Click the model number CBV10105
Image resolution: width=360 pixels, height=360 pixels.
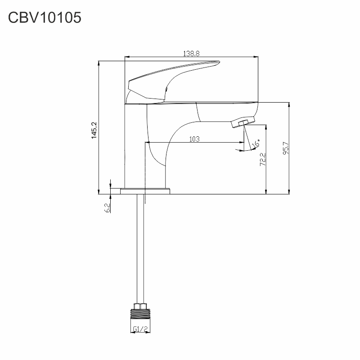coord(45,18)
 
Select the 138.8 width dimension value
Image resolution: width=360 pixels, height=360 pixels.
coord(191,54)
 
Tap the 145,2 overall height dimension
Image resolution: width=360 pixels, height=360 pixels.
coord(94,130)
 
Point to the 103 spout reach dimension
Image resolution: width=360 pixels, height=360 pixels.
coord(194,139)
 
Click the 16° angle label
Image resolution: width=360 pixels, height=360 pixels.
coord(256,143)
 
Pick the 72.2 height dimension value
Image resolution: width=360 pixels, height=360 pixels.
coord(263,159)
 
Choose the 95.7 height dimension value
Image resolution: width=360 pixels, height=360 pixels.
coord(286,148)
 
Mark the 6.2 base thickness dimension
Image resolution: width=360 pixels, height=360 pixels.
coord(108,208)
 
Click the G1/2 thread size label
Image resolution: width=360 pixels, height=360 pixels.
coord(140,329)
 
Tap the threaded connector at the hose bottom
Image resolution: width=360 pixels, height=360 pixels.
coord(140,314)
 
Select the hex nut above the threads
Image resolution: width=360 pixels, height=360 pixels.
coord(140,306)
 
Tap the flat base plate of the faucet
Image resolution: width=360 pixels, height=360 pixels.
coord(145,191)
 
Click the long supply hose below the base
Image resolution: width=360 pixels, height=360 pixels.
coord(140,249)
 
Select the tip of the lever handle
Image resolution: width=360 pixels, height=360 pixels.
coord(219,62)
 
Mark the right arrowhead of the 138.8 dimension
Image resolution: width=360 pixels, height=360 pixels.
coord(256,57)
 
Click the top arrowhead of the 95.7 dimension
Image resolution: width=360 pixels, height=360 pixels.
coord(289,105)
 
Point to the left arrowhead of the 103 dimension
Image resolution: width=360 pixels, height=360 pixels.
coord(148,142)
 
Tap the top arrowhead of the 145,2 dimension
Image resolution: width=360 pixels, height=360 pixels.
coord(99,63)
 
